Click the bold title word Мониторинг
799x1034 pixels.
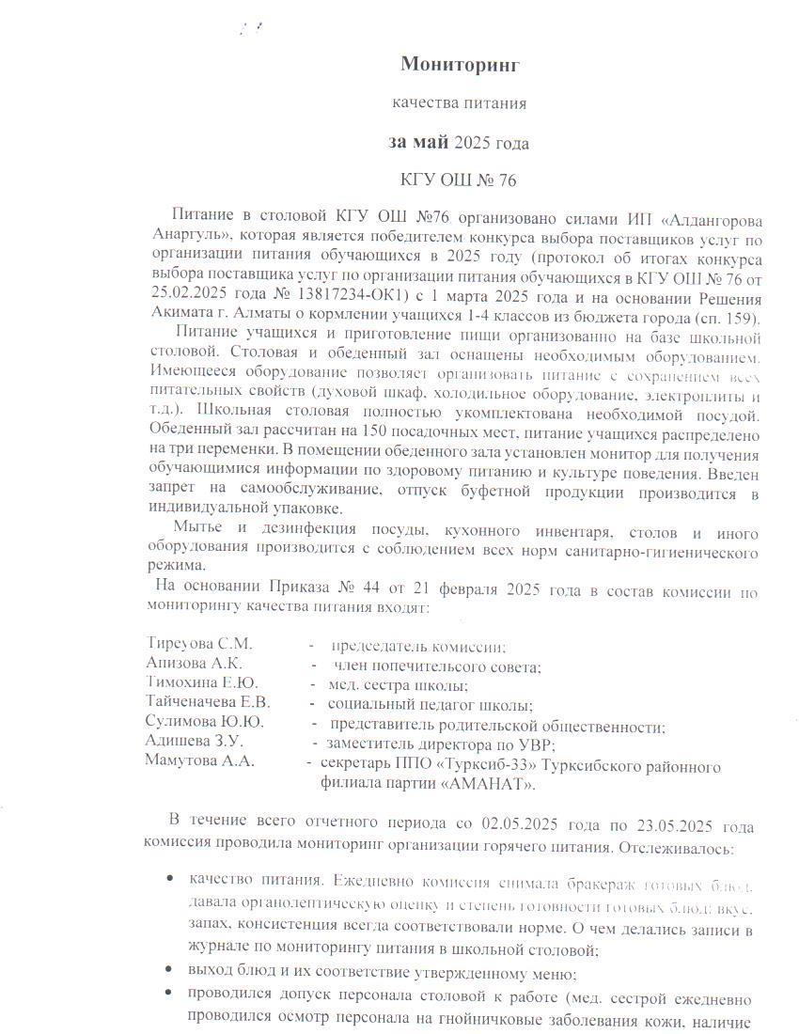460,64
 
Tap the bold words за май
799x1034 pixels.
418,143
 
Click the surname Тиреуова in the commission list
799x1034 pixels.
180,645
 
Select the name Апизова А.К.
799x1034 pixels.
194,664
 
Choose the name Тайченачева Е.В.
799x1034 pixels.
208,702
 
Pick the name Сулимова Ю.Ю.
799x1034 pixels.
204,722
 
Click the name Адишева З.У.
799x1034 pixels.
194,742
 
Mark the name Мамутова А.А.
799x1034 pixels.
199,761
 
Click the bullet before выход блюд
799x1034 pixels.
168,969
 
